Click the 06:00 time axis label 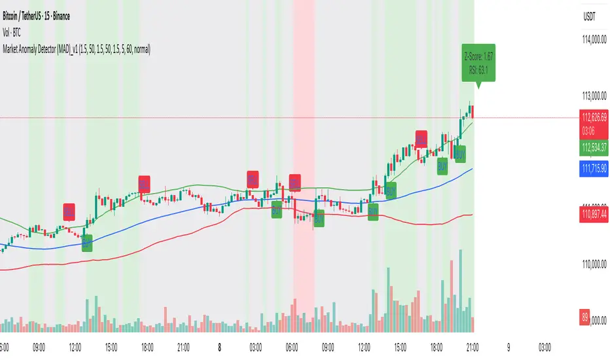tap(293, 347)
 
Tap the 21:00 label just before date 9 tap(473, 347)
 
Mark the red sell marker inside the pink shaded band tap(295, 181)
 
